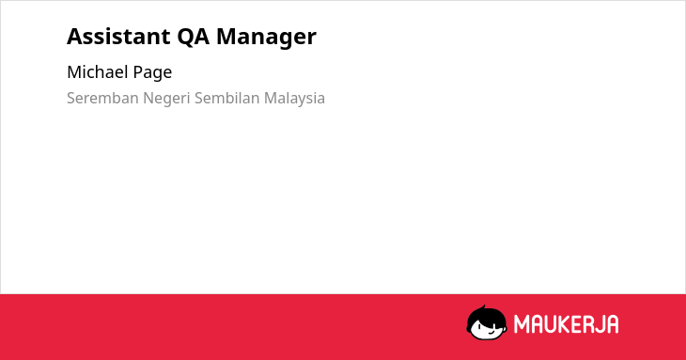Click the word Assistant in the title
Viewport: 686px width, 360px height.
click(x=118, y=37)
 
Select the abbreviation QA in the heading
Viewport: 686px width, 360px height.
click(x=193, y=37)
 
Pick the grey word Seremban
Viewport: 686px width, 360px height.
click(x=102, y=98)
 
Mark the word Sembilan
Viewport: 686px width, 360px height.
click(x=227, y=98)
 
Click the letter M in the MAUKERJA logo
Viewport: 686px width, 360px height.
click(x=521, y=324)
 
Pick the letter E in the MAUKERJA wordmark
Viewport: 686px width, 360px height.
click(x=574, y=324)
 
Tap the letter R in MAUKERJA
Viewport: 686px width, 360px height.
click(x=586, y=324)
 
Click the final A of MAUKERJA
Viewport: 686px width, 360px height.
click(x=613, y=324)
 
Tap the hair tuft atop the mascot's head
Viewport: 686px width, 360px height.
click(x=484, y=308)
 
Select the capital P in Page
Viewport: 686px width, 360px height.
click(x=137, y=72)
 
